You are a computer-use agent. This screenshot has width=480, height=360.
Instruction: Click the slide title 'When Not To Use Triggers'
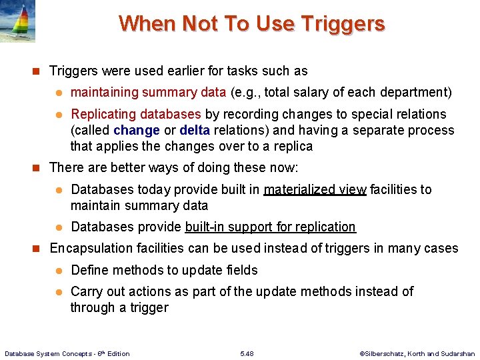(x=251, y=23)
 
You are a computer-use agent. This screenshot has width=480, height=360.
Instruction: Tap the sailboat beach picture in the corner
(x=18, y=21)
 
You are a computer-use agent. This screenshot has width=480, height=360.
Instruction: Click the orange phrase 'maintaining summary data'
(x=148, y=92)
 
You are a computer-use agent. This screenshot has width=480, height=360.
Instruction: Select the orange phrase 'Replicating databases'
(x=135, y=114)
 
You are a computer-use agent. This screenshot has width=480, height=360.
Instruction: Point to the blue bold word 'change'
(x=137, y=130)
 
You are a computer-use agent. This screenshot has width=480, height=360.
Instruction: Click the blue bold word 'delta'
(x=195, y=130)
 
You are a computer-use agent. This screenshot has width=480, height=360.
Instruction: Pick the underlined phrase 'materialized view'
(x=315, y=189)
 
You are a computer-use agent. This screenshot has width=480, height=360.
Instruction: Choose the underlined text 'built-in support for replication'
(x=271, y=227)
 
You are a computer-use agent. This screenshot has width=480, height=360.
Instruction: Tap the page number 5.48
(x=246, y=353)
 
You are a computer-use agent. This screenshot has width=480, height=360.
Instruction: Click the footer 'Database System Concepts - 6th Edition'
(x=67, y=353)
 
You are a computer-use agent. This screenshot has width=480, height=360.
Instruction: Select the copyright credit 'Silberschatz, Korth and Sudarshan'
(x=417, y=353)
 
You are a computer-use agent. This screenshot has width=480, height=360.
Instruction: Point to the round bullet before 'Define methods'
(x=58, y=270)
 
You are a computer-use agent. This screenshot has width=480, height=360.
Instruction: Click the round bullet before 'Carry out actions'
(x=58, y=291)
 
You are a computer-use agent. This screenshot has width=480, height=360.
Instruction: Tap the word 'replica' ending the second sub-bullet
(x=292, y=146)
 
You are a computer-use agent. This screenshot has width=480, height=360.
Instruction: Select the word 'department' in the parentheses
(x=416, y=92)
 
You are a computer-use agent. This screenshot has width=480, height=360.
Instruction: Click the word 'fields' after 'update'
(x=240, y=270)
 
